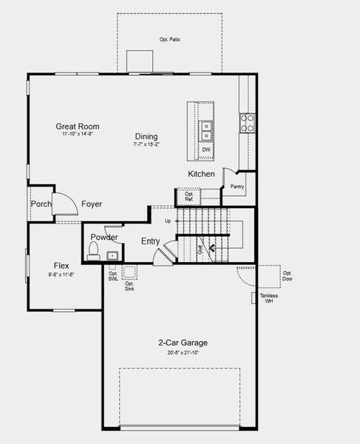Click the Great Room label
[77, 127]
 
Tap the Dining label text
[146, 136]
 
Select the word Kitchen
[201, 174]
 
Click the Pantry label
[237, 186]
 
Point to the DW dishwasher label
[206, 149]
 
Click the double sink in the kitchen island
[206, 131]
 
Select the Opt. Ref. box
[189, 198]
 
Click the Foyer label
[92, 204]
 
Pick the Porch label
[40, 204]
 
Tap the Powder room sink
[112, 256]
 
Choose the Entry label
[151, 241]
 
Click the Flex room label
[61, 266]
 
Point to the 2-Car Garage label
[183, 343]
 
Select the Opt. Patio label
[169, 38]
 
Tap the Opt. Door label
[287, 276]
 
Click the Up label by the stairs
[168, 221]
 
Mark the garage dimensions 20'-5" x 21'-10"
[183, 353]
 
